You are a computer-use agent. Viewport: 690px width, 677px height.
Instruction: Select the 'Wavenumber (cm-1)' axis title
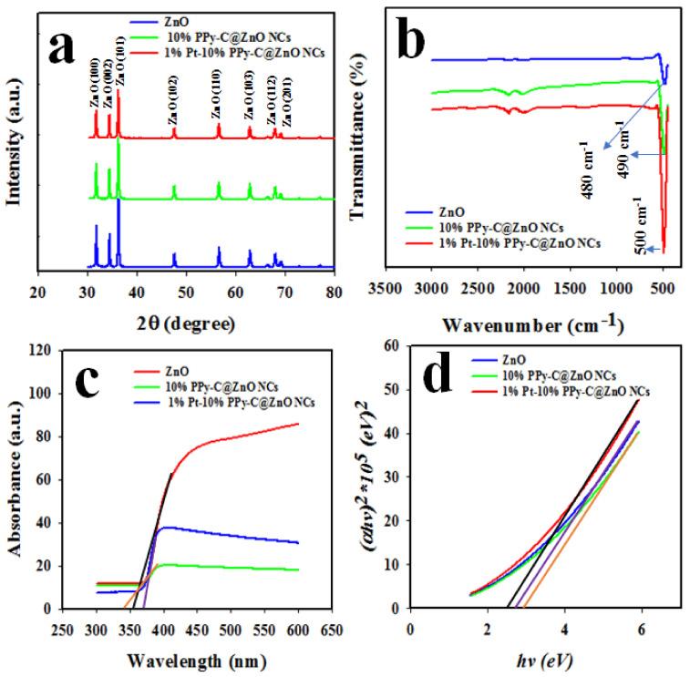pos(527,323)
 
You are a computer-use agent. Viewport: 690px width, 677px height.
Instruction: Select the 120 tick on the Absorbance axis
pos(36,350)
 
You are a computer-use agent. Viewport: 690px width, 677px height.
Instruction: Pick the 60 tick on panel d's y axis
pos(395,346)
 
